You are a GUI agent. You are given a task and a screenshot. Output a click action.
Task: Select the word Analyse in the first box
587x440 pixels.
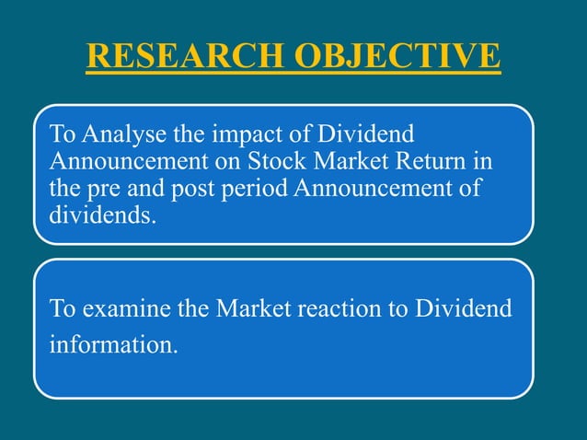point(120,136)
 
